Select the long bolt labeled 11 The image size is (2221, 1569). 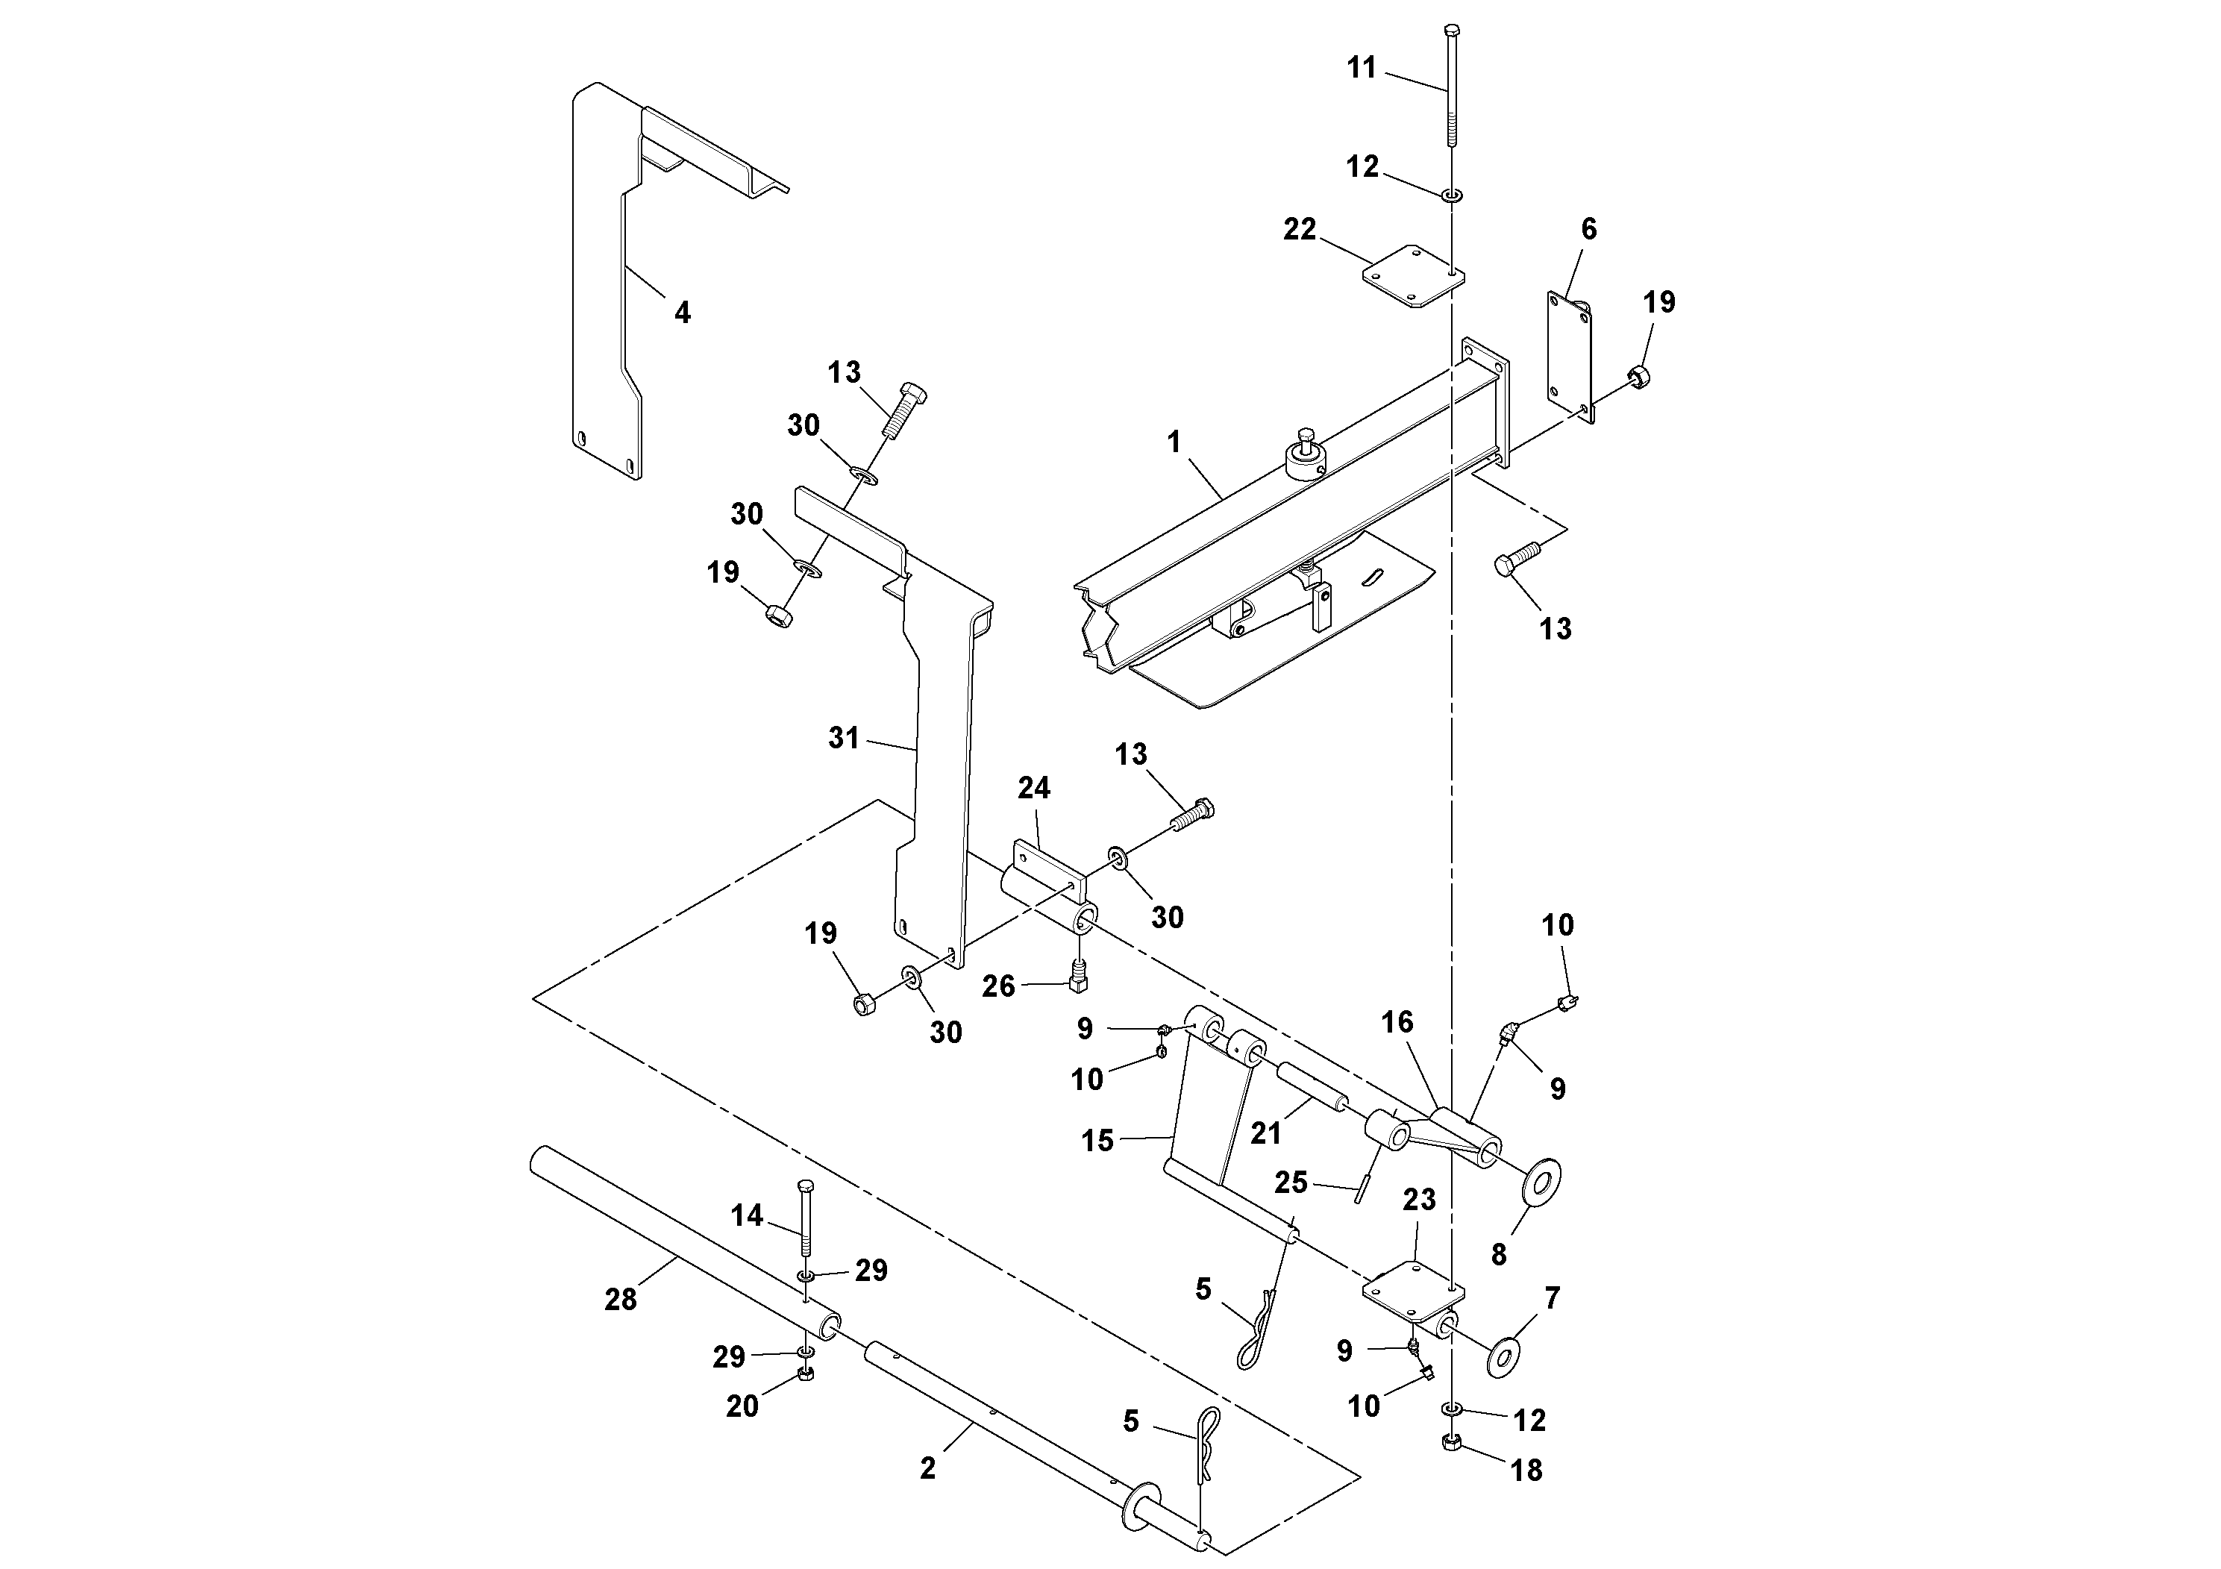click(1451, 87)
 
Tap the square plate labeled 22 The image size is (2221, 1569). click(1412, 276)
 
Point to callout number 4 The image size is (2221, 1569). click(682, 313)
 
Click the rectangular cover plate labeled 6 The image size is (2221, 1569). click(1567, 358)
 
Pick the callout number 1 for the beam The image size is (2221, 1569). click(1174, 442)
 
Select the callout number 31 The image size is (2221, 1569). click(844, 738)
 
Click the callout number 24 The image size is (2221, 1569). click(1033, 789)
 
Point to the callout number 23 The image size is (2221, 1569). click(1419, 1200)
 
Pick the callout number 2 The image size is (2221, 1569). click(927, 1468)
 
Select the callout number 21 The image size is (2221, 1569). click(1265, 1133)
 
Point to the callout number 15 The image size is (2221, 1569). click(1097, 1141)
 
